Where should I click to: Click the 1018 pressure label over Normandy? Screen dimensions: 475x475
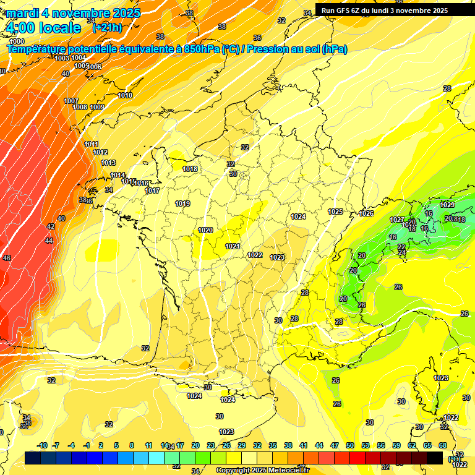point(190,169)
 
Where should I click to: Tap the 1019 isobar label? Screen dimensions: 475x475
point(182,203)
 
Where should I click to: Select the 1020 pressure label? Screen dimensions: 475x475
point(205,230)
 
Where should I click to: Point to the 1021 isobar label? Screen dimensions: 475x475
point(232,246)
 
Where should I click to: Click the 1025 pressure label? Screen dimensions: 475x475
point(335,212)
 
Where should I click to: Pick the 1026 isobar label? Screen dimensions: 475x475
point(366,214)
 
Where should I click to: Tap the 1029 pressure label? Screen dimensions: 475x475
point(447,205)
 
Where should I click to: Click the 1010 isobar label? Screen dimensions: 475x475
point(125,95)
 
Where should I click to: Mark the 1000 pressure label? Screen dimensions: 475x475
point(17,41)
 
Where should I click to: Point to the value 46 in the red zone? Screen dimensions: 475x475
point(7,258)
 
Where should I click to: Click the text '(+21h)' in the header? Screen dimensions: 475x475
point(106,28)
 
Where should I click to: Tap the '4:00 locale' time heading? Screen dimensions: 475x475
point(43,28)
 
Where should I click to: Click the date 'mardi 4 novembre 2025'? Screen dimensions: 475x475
point(73,12)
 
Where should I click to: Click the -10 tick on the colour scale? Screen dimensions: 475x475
point(42,445)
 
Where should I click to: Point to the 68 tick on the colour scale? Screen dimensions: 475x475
point(443,445)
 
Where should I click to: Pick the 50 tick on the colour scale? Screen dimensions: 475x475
point(350,445)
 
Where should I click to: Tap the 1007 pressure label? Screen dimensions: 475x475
point(71,101)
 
